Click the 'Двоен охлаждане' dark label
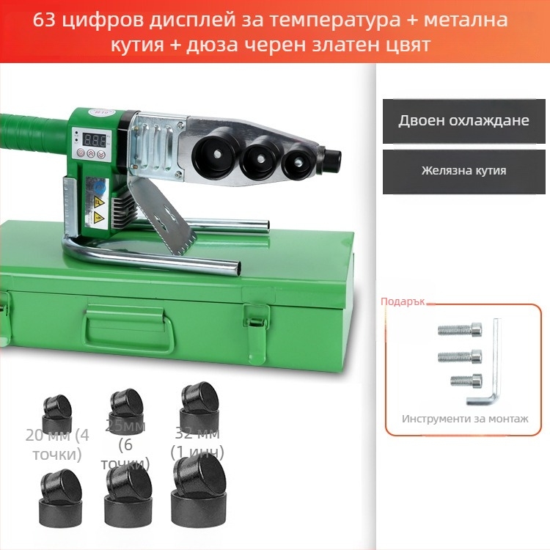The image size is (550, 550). point(463,121)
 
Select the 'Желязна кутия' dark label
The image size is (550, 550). point(463,171)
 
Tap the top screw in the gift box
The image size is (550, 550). point(460,330)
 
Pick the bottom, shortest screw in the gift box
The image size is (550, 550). point(466,380)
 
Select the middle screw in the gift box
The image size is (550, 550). point(460,356)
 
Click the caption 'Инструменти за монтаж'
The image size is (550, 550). point(464,419)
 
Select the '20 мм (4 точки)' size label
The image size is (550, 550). point(56,444)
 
